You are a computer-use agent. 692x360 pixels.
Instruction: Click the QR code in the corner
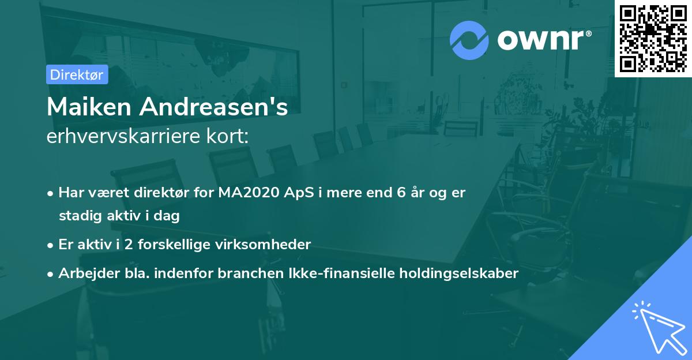click(653, 39)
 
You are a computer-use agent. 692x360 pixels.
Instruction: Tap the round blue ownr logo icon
click(469, 39)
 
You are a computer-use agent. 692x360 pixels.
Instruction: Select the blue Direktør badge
click(77, 74)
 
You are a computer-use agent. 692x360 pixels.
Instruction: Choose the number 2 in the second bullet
click(130, 245)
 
